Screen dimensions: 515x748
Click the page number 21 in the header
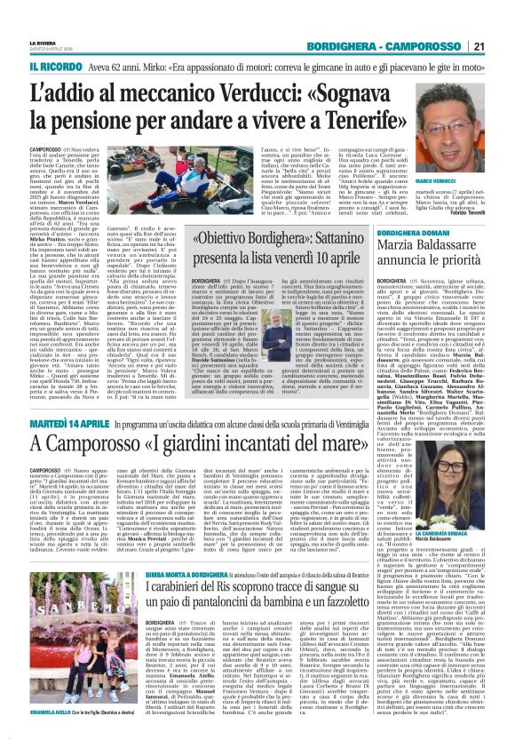[x=503, y=22]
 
